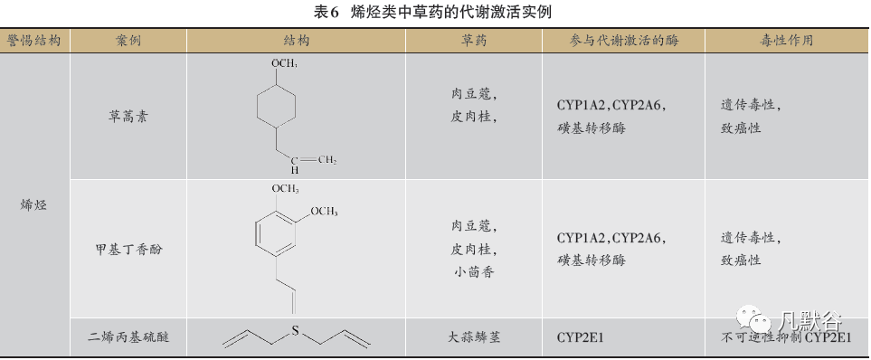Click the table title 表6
[x=327, y=13]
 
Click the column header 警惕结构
[x=34, y=41]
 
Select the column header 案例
[x=128, y=41]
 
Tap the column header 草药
[x=473, y=41]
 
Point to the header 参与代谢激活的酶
[x=624, y=41]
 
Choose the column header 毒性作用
[x=787, y=41]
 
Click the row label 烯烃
[x=34, y=205]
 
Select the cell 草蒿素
[x=128, y=117]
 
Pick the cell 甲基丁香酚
[x=128, y=250]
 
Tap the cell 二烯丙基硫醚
[x=128, y=336]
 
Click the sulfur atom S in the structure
[x=296, y=330]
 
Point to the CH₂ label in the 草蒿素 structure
[x=327, y=161]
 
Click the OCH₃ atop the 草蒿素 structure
[x=284, y=64]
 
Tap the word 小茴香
[x=473, y=272]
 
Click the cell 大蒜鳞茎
[x=473, y=336]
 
